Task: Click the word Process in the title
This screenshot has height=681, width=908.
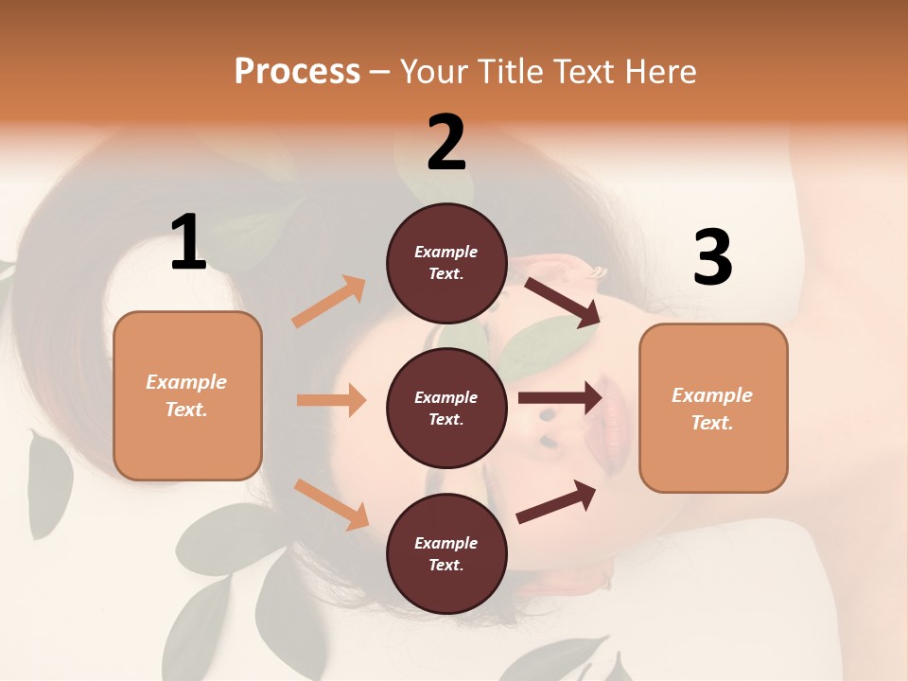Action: coord(297,71)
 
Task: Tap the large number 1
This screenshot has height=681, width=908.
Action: coord(188,243)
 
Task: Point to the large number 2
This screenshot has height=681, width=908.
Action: coord(446,143)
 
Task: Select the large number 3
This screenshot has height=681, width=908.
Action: coord(712,258)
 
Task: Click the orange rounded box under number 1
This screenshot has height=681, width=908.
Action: coord(187,395)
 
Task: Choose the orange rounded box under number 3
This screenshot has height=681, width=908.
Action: coord(713,408)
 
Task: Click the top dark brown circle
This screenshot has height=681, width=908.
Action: coord(446,263)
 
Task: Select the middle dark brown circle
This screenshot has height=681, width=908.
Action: coord(446,408)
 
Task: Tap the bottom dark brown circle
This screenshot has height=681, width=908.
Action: coord(446,553)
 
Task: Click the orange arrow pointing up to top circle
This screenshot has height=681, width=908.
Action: coord(329,302)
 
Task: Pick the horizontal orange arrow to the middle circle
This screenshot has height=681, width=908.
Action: coord(331,400)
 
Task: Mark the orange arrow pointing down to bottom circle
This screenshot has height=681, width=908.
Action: coord(331,503)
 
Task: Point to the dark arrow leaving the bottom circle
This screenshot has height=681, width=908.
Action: coord(556,502)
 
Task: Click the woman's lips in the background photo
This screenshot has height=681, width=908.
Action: coord(611,414)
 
